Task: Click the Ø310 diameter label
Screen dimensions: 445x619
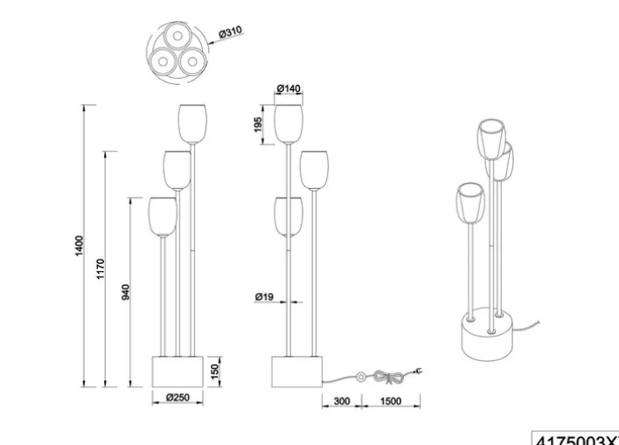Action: pyautogui.click(x=229, y=32)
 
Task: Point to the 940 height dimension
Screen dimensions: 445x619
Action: pyautogui.click(x=125, y=291)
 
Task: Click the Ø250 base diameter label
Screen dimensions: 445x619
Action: pyautogui.click(x=178, y=398)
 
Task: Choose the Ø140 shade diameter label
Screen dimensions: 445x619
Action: pyautogui.click(x=288, y=89)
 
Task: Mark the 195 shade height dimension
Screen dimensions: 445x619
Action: pyautogui.click(x=258, y=124)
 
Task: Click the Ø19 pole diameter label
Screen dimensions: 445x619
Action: pyautogui.click(x=264, y=297)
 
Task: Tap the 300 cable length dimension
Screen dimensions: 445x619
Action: pyautogui.click(x=342, y=400)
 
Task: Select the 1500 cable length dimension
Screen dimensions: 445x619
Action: pyautogui.click(x=392, y=400)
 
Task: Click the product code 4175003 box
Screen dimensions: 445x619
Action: pyautogui.click(x=575, y=438)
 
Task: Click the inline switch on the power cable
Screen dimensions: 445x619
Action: pyautogui.click(x=359, y=378)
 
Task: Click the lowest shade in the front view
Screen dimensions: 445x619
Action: pyautogui.click(x=163, y=216)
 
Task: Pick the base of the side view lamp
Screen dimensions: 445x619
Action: pyautogui.click(x=298, y=370)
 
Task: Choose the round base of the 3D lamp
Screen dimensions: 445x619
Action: pyautogui.click(x=488, y=342)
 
